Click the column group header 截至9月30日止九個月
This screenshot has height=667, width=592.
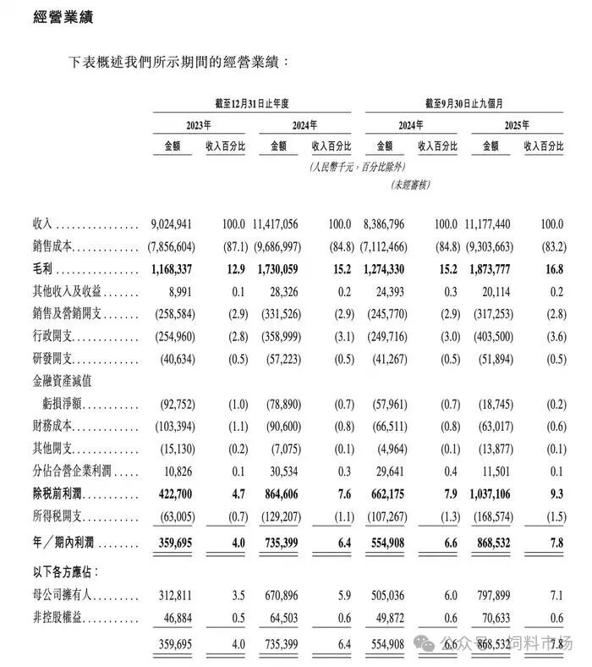(464, 103)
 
